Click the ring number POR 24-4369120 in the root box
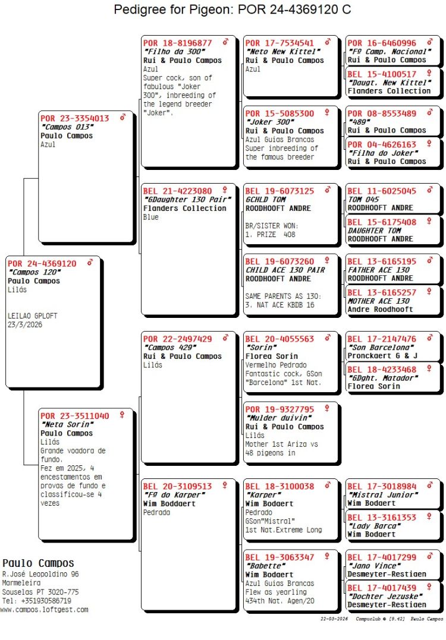pyautogui.click(x=42, y=264)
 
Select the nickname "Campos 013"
pyautogui.click(x=62, y=127)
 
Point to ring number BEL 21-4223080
pyautogui.click(x=177, y=191)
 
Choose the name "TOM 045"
pyautogui.click(x=363, y=200)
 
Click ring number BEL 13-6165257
pyautogui.click(x=382, y=293)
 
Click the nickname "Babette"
pyautogui.click(x=263, y=566)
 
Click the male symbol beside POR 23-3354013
pyautogui.click(x=123, y=118)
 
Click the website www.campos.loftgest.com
pyautogui.click(x=44, y=610)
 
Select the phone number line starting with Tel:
pyautogui.click(x=36, y=601)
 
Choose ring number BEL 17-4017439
pyautogui.click(x=382, y=588)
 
